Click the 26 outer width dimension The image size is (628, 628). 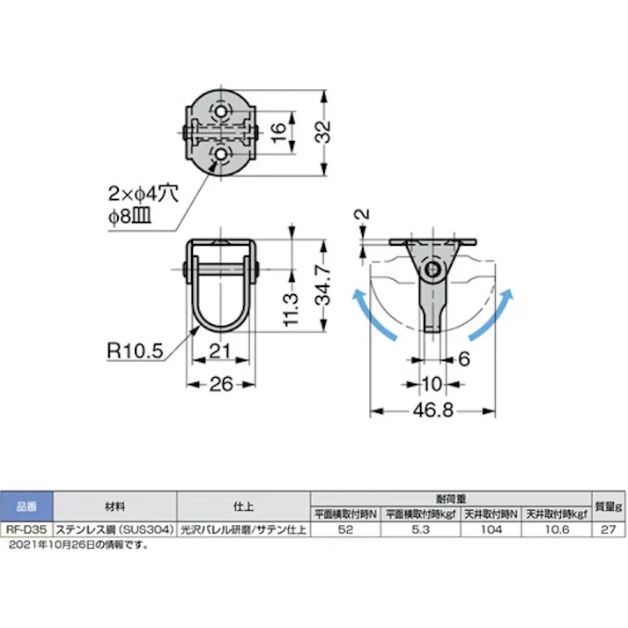coord(220,385)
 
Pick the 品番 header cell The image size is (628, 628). coord(27,506)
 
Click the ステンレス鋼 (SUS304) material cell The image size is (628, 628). coord(115,530)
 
